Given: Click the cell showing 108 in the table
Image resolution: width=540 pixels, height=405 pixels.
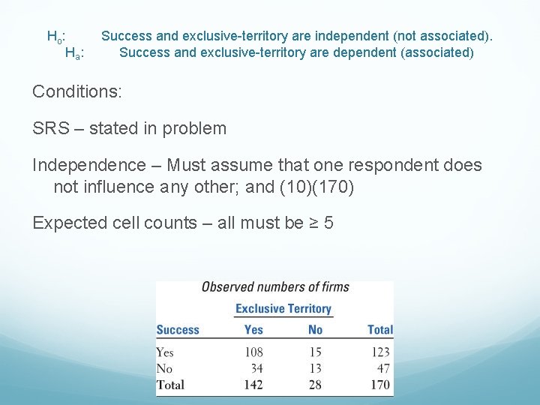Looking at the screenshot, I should point(253,352).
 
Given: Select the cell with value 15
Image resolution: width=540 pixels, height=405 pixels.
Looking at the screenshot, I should point(315,352).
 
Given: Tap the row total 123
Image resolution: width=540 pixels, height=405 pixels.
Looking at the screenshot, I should point(380,352).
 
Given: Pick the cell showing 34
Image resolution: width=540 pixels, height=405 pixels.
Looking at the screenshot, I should point(256,368).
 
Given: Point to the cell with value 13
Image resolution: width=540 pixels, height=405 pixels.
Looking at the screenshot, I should point(315,368).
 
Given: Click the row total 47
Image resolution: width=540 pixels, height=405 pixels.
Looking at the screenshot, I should point(382,368).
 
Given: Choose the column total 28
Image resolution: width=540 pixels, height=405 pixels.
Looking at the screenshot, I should point(314,385).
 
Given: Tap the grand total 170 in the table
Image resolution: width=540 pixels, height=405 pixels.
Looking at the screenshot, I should point(380,385).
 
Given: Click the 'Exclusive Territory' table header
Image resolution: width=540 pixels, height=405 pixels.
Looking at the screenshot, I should point(283,308).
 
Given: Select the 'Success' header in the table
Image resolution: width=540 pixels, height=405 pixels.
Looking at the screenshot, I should point(178,330).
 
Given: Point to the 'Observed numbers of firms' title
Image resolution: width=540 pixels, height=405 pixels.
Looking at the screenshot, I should point(275,287).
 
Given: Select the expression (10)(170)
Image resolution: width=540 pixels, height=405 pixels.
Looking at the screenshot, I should point(316,186).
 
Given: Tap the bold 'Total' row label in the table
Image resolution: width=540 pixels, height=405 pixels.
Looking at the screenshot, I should point(171,385).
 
